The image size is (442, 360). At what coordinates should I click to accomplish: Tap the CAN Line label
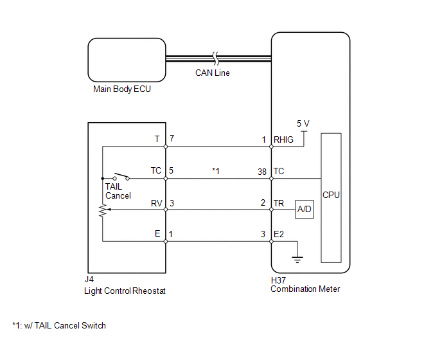[213, 73]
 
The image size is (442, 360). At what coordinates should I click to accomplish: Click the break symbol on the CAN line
[216, 59]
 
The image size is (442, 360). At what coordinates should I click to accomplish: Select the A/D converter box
[305, 210]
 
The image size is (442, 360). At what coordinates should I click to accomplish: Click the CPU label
[331, 195]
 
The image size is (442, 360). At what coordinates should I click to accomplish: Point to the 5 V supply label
[303, 123]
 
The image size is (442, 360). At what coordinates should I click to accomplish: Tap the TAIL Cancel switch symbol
[121, 177]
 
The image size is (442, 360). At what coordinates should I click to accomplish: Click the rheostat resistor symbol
[103, 210]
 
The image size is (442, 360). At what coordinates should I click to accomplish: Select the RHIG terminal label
[283, 139]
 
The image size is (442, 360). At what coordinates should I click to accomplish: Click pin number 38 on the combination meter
[262, 172]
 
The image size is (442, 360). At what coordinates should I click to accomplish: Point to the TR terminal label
[279, 203]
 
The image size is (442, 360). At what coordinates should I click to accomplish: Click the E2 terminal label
[279, 234]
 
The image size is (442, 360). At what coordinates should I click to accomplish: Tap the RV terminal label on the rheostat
[157, 203]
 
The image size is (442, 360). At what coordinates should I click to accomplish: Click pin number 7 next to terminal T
[172, 138]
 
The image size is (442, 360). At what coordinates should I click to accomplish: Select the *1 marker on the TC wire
[216, 171]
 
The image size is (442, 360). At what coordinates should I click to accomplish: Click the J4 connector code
[89, 279]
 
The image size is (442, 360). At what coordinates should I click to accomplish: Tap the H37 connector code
[278, 280]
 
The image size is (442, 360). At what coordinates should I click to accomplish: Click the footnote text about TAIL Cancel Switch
[59, 325]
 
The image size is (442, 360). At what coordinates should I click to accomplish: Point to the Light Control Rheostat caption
[125, 291]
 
